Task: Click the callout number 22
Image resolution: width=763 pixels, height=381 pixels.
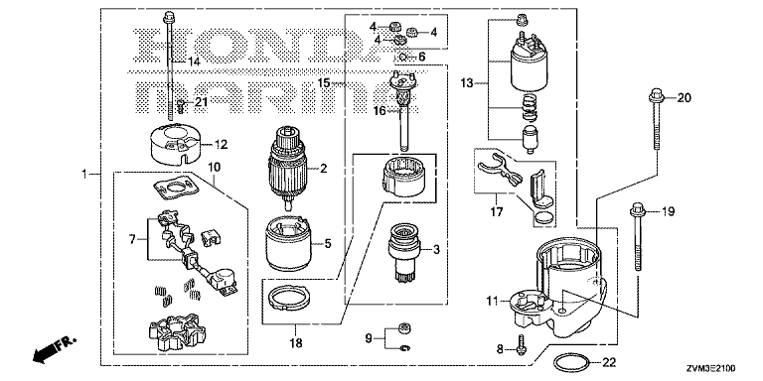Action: (609, 362)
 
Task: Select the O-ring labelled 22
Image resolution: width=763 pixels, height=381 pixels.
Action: (572, 356)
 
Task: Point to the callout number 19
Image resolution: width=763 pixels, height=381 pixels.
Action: (668, 211)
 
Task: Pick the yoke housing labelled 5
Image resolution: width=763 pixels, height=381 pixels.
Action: (289, 243)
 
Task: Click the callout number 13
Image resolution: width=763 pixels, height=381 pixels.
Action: (467, 83)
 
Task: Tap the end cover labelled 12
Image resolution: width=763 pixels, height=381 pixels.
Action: (176, 143)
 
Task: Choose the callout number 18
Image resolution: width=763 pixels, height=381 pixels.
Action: (295, 343)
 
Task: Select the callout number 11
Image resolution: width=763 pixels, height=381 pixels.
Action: (492, 302)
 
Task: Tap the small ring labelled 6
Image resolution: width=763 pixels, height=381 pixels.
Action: (403, 58)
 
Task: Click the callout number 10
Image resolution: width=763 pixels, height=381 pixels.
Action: (215, 168)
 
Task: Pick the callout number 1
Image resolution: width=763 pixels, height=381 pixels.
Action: (84, 174)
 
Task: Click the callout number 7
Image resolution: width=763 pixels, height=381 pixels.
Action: (133, 239)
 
